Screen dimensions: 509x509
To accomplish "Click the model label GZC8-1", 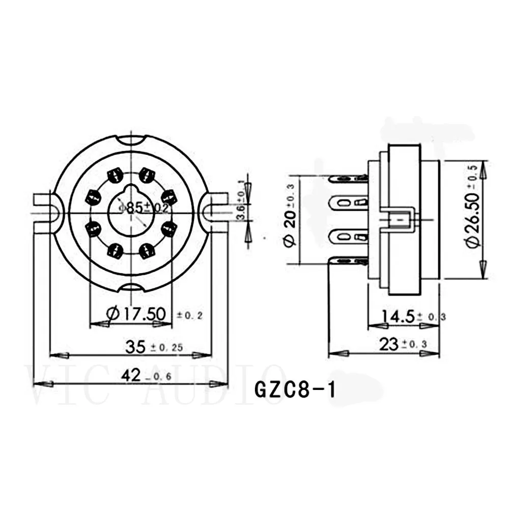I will click(x=295, y=391).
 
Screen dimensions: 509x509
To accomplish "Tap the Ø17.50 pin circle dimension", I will click(x=137, y=315).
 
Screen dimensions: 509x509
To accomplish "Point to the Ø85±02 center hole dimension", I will click(x=144, y=208).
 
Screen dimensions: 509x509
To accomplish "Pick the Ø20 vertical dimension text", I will click(x=290, y=219).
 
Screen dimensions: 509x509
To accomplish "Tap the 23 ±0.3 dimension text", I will click(x=402, y=345).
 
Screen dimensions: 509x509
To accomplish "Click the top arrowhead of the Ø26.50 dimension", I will click(x=483, y=170).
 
